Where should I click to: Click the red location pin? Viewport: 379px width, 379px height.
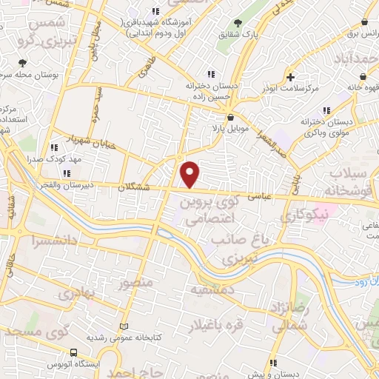pos(191,173)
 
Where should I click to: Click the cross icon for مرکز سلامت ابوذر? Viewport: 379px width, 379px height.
pos(290,77)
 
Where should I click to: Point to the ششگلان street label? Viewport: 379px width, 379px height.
pos(133,188)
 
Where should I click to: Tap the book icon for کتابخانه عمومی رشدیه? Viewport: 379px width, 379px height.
pos(124,326)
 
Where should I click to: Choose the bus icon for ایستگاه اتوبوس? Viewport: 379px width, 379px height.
pos(73,352)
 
